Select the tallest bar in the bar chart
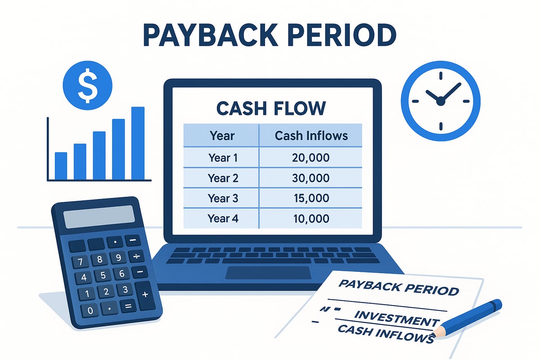[137, 143]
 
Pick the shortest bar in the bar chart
[61, 165]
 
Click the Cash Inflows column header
[310, 135]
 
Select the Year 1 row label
[223, 157]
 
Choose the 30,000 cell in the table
[310, 178]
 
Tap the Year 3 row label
[223, 198]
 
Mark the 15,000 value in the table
[310, 198]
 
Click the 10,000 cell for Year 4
[310, 219]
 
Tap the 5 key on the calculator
[103, 275]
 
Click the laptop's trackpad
[268, 273]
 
